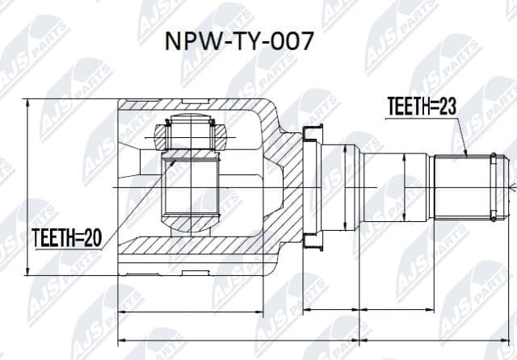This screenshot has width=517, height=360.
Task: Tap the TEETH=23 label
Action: (x=420, y=106)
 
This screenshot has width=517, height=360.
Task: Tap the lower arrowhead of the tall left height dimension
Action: (x=31, y=272)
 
